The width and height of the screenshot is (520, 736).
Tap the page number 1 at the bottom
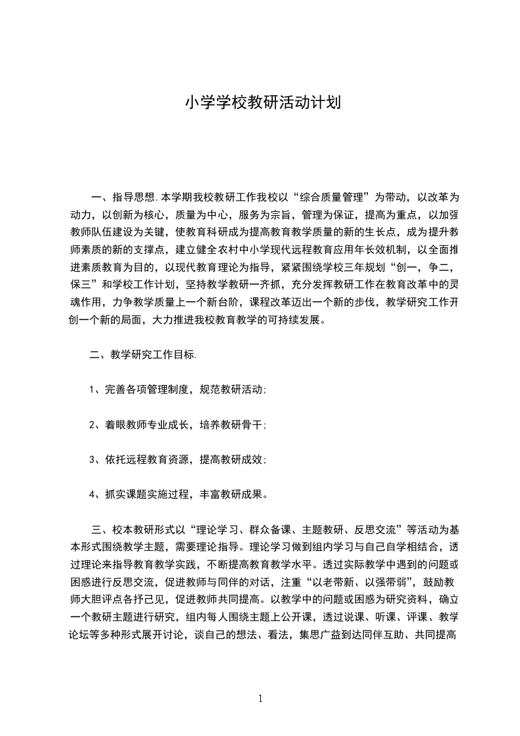point(260,699)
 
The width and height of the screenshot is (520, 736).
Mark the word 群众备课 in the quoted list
point(275,529)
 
